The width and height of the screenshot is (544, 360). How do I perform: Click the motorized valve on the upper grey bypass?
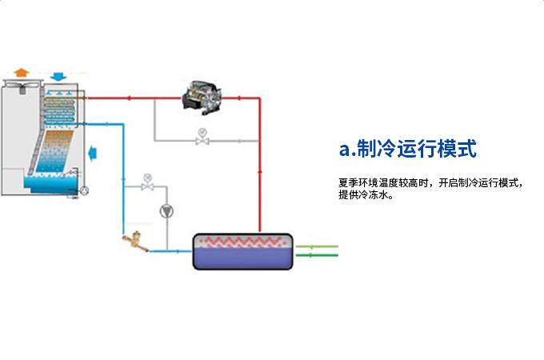(202, 140)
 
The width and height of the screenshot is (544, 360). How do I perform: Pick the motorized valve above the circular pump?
(146, 186)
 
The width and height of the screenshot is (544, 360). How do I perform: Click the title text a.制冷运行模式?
(408, 149)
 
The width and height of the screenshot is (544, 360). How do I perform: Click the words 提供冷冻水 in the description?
(362, 195)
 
